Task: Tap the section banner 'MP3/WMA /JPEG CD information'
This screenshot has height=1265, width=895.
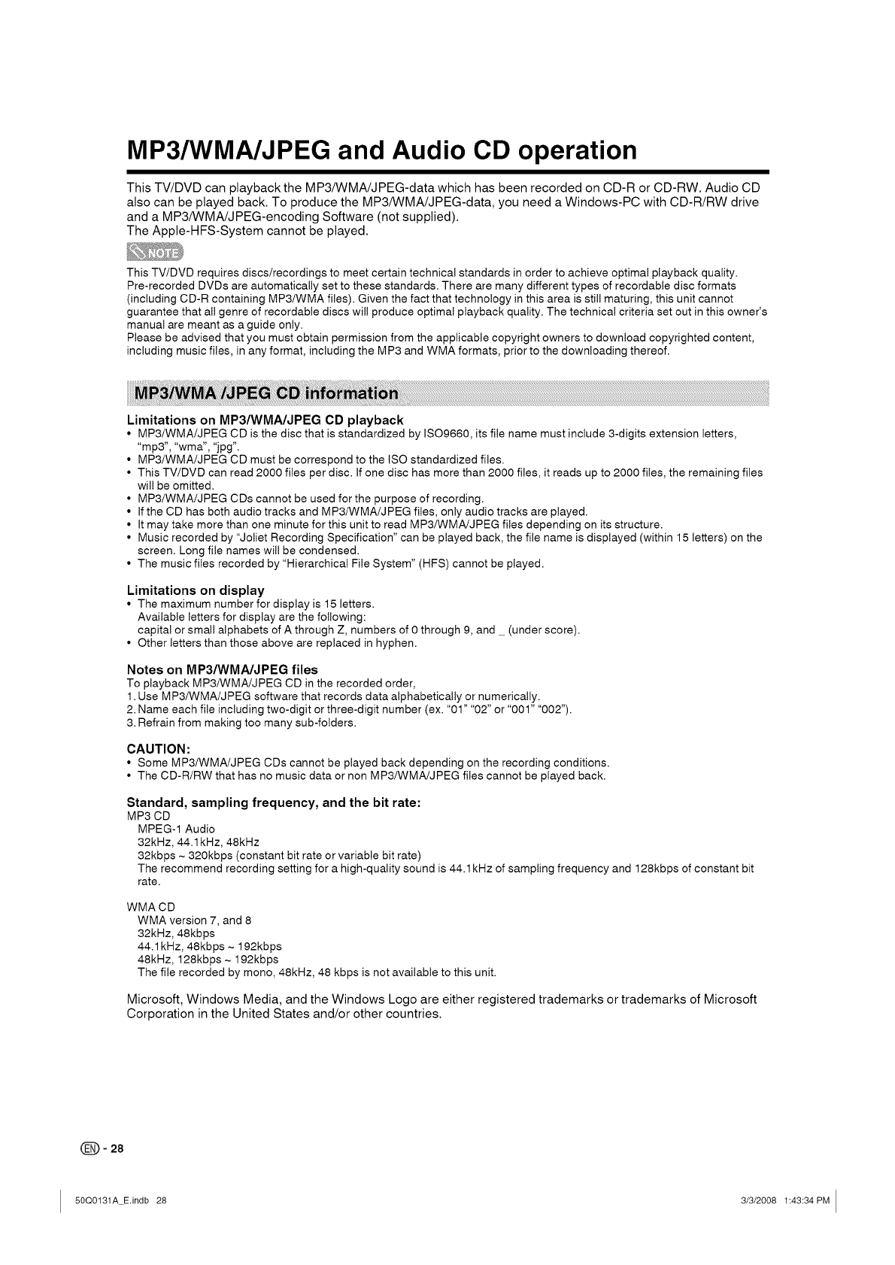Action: coord(265,394)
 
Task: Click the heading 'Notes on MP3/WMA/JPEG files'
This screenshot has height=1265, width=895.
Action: coord(222,669)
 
